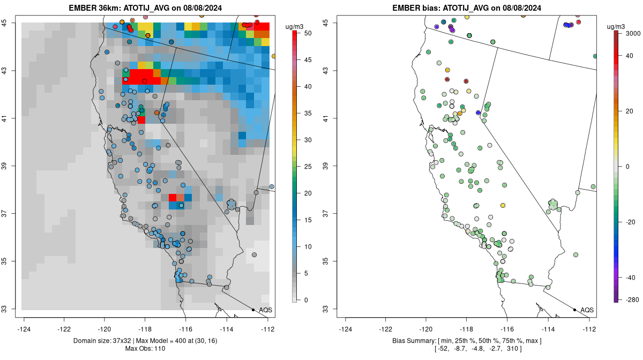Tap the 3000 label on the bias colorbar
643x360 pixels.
[633, 33]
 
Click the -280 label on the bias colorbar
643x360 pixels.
[631, 300]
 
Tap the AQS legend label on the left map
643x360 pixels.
[265, 310]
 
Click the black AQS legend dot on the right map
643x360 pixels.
[574, 310]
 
